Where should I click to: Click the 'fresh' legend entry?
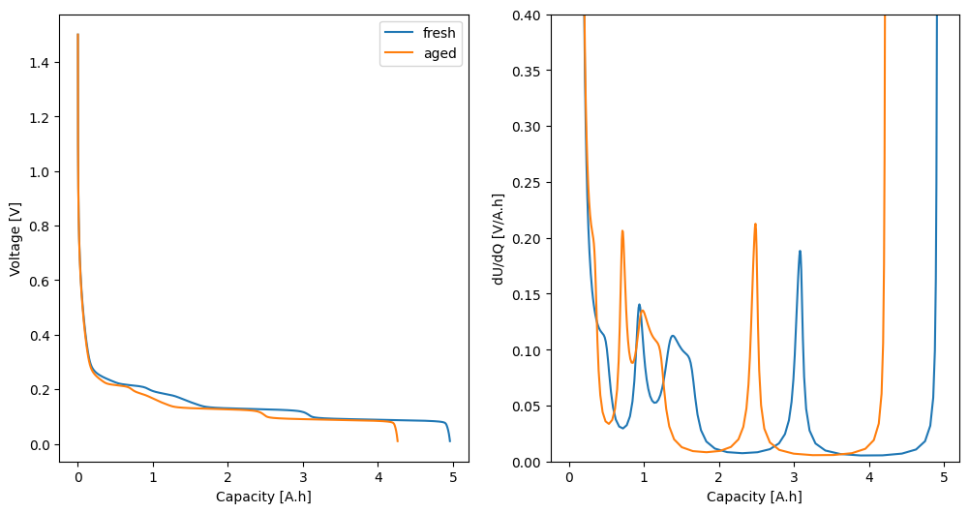click(439, 33)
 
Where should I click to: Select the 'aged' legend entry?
click(439, 53)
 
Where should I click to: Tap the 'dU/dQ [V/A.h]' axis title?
click(499, 238)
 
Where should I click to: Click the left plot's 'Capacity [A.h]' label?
click(263, 497)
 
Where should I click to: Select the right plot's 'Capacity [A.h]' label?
click(754, 497)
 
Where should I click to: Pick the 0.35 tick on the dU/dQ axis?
click(531, 71)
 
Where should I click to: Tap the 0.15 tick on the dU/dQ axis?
click(531, 294)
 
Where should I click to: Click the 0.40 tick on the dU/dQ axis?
click(531, 15)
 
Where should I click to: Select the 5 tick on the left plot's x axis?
click(452, 476)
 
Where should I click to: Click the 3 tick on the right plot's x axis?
click(794, 476)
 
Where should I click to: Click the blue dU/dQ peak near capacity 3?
click(800, 251)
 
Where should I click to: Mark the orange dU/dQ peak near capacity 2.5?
click(755, 225)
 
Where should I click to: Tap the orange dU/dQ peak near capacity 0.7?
click(622, 230)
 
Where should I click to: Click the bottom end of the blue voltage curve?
click(450, 440)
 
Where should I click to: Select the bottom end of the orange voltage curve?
click(397, 440)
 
